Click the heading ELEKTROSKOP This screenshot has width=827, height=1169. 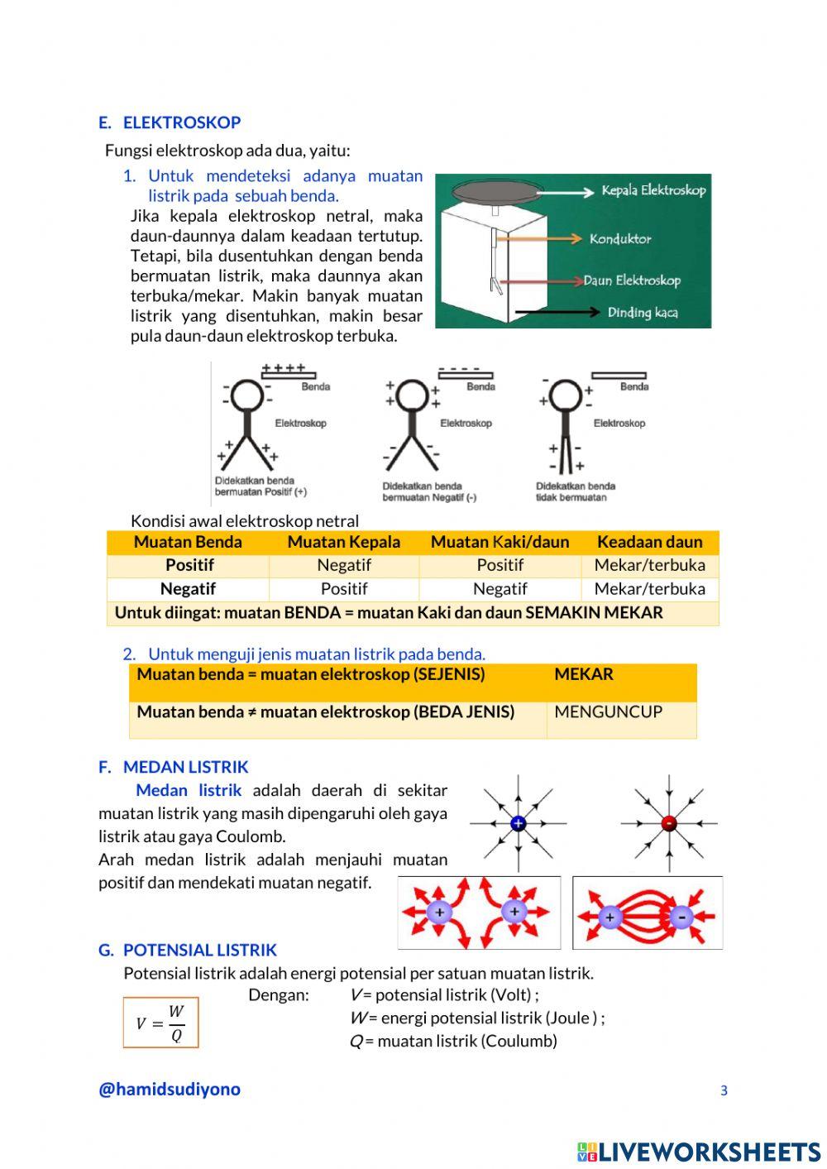[181, 122]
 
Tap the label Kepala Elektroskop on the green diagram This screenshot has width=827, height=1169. [653, 190]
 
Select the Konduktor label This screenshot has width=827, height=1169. [620, 239]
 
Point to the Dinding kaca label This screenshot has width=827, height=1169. [643, 313]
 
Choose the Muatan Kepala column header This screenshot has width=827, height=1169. [343, 542]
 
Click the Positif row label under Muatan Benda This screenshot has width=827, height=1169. [189, 565]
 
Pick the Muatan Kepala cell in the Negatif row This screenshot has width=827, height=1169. [343, 589]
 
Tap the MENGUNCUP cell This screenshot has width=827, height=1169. [608, 711]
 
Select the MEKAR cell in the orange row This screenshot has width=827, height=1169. [584, 674]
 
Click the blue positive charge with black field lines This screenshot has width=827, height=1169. [519, 823]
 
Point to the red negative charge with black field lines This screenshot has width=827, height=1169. [669, 823]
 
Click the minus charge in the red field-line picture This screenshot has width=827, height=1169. [681, 917]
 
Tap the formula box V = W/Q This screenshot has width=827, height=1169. [160, 1023]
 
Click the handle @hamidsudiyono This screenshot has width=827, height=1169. [170, 1089]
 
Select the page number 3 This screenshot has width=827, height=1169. [724, 1090]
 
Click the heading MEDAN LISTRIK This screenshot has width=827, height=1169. [185, 767]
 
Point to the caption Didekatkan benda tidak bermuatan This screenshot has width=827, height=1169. [575, 491]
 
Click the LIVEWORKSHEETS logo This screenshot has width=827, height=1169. [699, 1152]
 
